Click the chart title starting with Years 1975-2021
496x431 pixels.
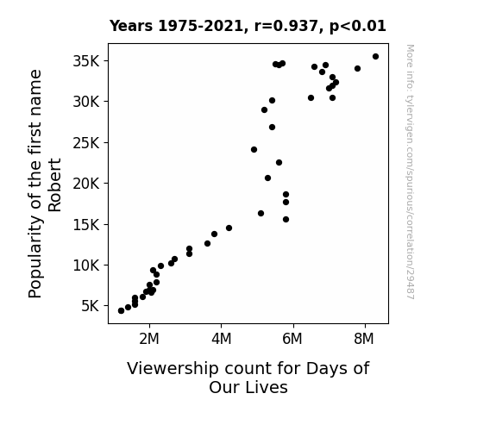[248, 26]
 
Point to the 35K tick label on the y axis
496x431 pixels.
[86, 61]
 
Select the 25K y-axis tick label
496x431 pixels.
[86, 143]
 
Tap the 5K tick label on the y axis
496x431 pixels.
[91, 306]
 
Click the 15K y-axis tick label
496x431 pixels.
[86, 224]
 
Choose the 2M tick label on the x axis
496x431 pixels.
[149, 339]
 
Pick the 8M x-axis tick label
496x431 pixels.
[364, 339]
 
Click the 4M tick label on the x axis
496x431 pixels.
[221, 339]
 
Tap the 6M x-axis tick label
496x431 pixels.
[292, 339]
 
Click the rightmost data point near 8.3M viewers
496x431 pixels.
[375, 57]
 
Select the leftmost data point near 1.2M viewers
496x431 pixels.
[121, 311]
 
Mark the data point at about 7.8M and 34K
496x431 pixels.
[357, 69]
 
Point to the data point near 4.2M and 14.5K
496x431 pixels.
[229, 228]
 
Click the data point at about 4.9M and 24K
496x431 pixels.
[254, 150]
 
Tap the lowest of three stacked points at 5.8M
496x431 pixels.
[286, 220]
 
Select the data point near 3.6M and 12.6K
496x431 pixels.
[208, 243]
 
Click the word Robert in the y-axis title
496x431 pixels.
[54, 185]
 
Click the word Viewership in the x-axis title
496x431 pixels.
[173, 369]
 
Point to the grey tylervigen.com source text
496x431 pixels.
[410, 172]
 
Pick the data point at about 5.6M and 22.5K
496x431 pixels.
[279, 163]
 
